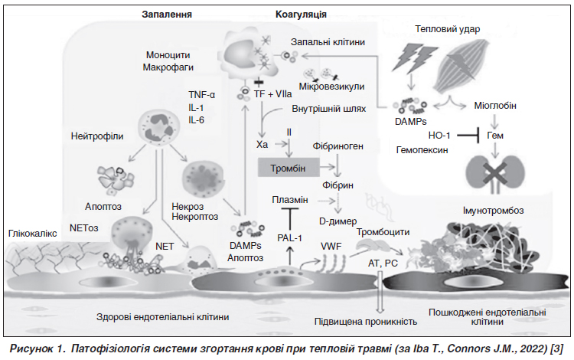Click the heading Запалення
167,14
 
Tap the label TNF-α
202,94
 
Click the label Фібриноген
338,146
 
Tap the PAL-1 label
289,238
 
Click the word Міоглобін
495,106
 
